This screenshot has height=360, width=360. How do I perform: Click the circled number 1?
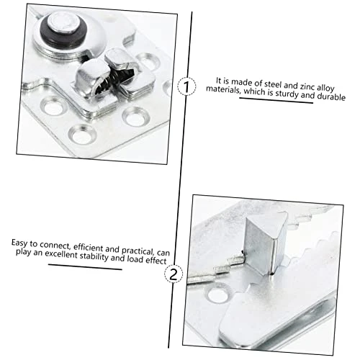tap(186, 86)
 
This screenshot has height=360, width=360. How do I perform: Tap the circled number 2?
tap(174, 274)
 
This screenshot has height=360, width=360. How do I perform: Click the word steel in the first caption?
tap(274, 84)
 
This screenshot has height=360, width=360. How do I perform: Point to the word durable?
tap(331, 96)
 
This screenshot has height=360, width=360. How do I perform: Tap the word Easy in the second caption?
tap(19, 243)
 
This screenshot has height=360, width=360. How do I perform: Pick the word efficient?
tap(89, 247)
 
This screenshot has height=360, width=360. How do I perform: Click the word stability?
tap(94, 256)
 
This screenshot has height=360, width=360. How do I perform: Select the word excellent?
tap(61, 254)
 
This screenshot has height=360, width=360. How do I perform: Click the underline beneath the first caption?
tap(276, 101)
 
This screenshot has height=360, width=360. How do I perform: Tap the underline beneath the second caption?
tap(85, 267)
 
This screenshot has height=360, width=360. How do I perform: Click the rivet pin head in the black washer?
tap(63, 23)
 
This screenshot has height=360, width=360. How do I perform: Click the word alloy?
tap(325, 88)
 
